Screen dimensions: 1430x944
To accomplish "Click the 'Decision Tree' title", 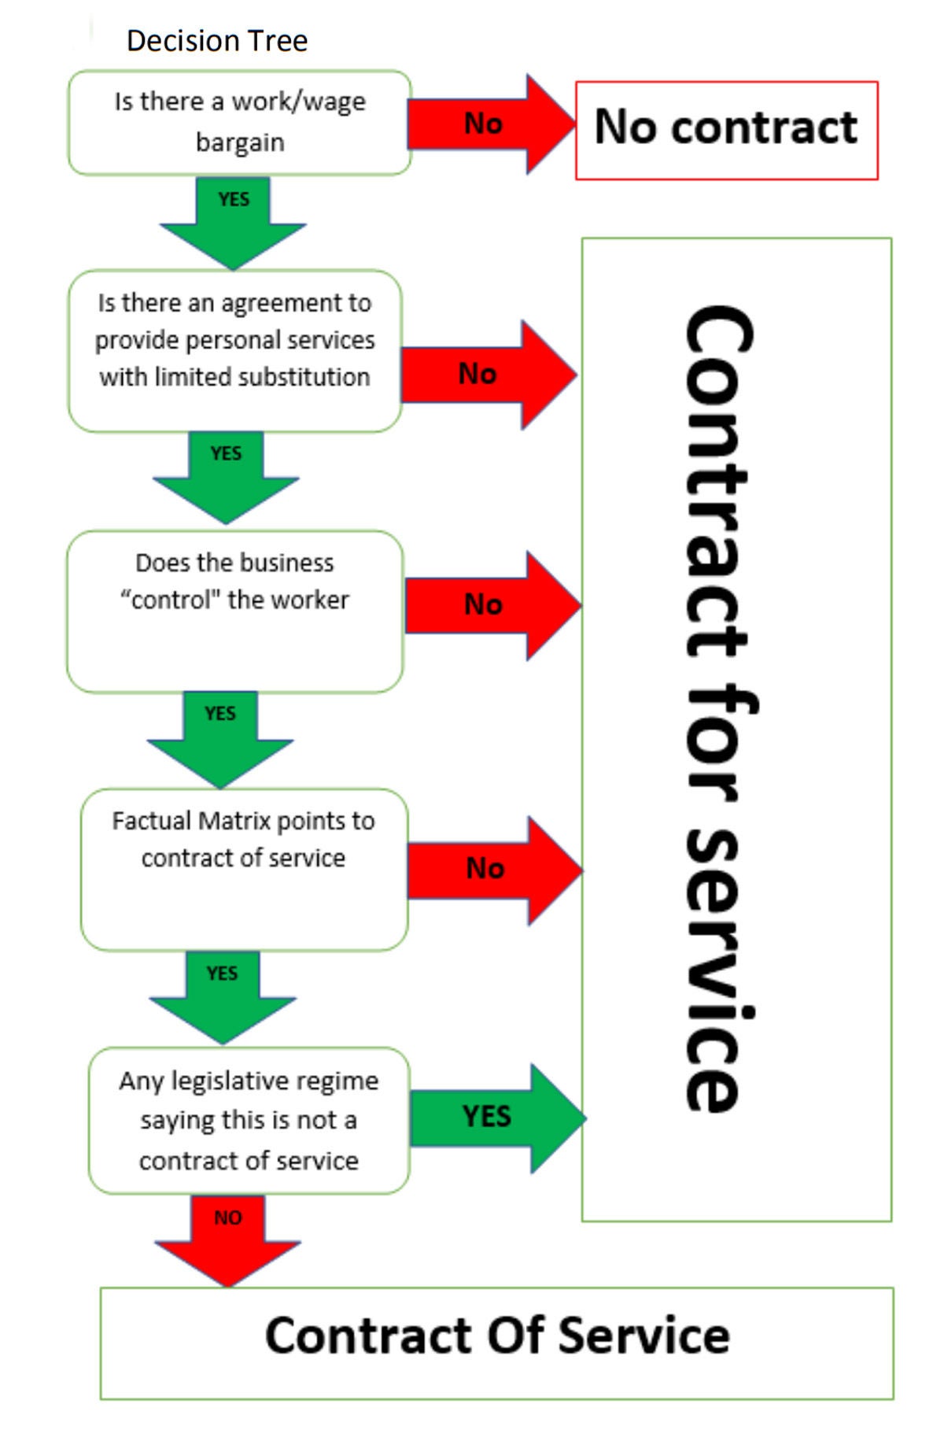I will tap(216, 41).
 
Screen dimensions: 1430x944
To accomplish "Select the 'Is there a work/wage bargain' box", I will tap(239, 122).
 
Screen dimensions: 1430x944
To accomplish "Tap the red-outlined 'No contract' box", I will tap(726, 130).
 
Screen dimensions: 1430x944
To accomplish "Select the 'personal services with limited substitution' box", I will tap(234, 350).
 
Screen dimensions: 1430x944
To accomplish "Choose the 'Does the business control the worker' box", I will tap(234, 611).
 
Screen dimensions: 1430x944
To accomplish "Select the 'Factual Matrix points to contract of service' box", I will tap(244, 869).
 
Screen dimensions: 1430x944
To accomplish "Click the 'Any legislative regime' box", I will tap(249, 1120).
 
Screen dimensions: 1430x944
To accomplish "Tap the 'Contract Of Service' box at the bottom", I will tap(497, 1336).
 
